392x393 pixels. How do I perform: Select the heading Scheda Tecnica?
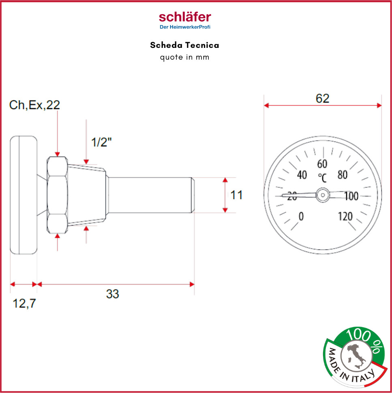pos(184,45)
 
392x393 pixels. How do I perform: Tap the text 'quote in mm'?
pos(184,58)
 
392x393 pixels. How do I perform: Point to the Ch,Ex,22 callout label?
pos(34,105)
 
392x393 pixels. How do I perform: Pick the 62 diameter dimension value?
pos(322,98)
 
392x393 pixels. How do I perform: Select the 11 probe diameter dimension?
pos(236,195)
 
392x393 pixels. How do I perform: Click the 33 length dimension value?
pos(112,294)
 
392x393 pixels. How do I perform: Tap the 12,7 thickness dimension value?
pos(24,303)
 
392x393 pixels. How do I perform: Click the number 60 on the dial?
pos(322,164)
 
